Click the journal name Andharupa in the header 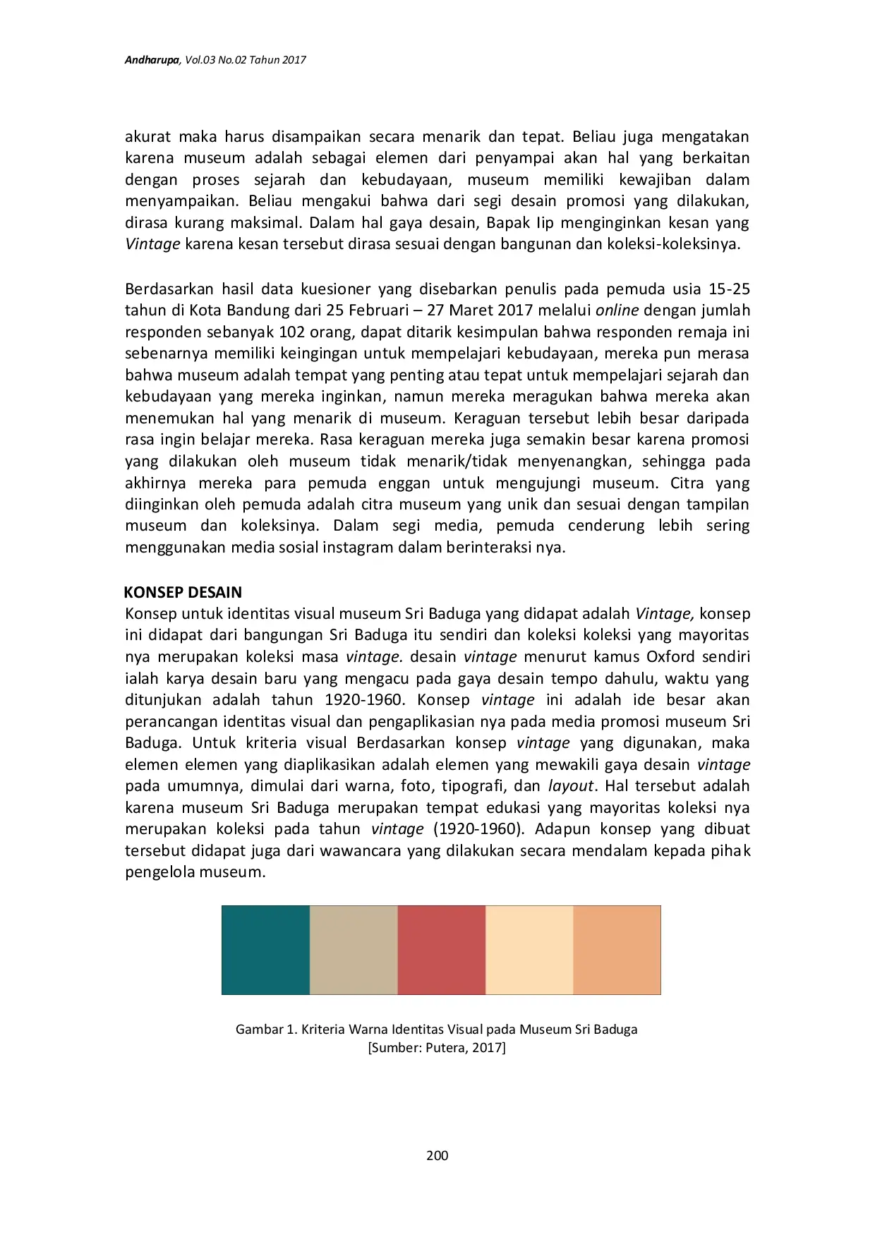[151, 60]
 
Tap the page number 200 [437, 1155]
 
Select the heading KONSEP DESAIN [183, 592]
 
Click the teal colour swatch [266, 950]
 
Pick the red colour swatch [442, 950]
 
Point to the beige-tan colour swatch [354, 950]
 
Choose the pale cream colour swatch [529, 950]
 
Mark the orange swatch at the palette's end [617, 950]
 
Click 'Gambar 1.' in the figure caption [266, 1029]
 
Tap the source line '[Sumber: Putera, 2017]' [437, 1047]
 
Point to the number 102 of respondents [293, 332]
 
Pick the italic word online [617, 310]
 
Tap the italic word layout [570, 785]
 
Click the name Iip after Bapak [545, 223]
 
